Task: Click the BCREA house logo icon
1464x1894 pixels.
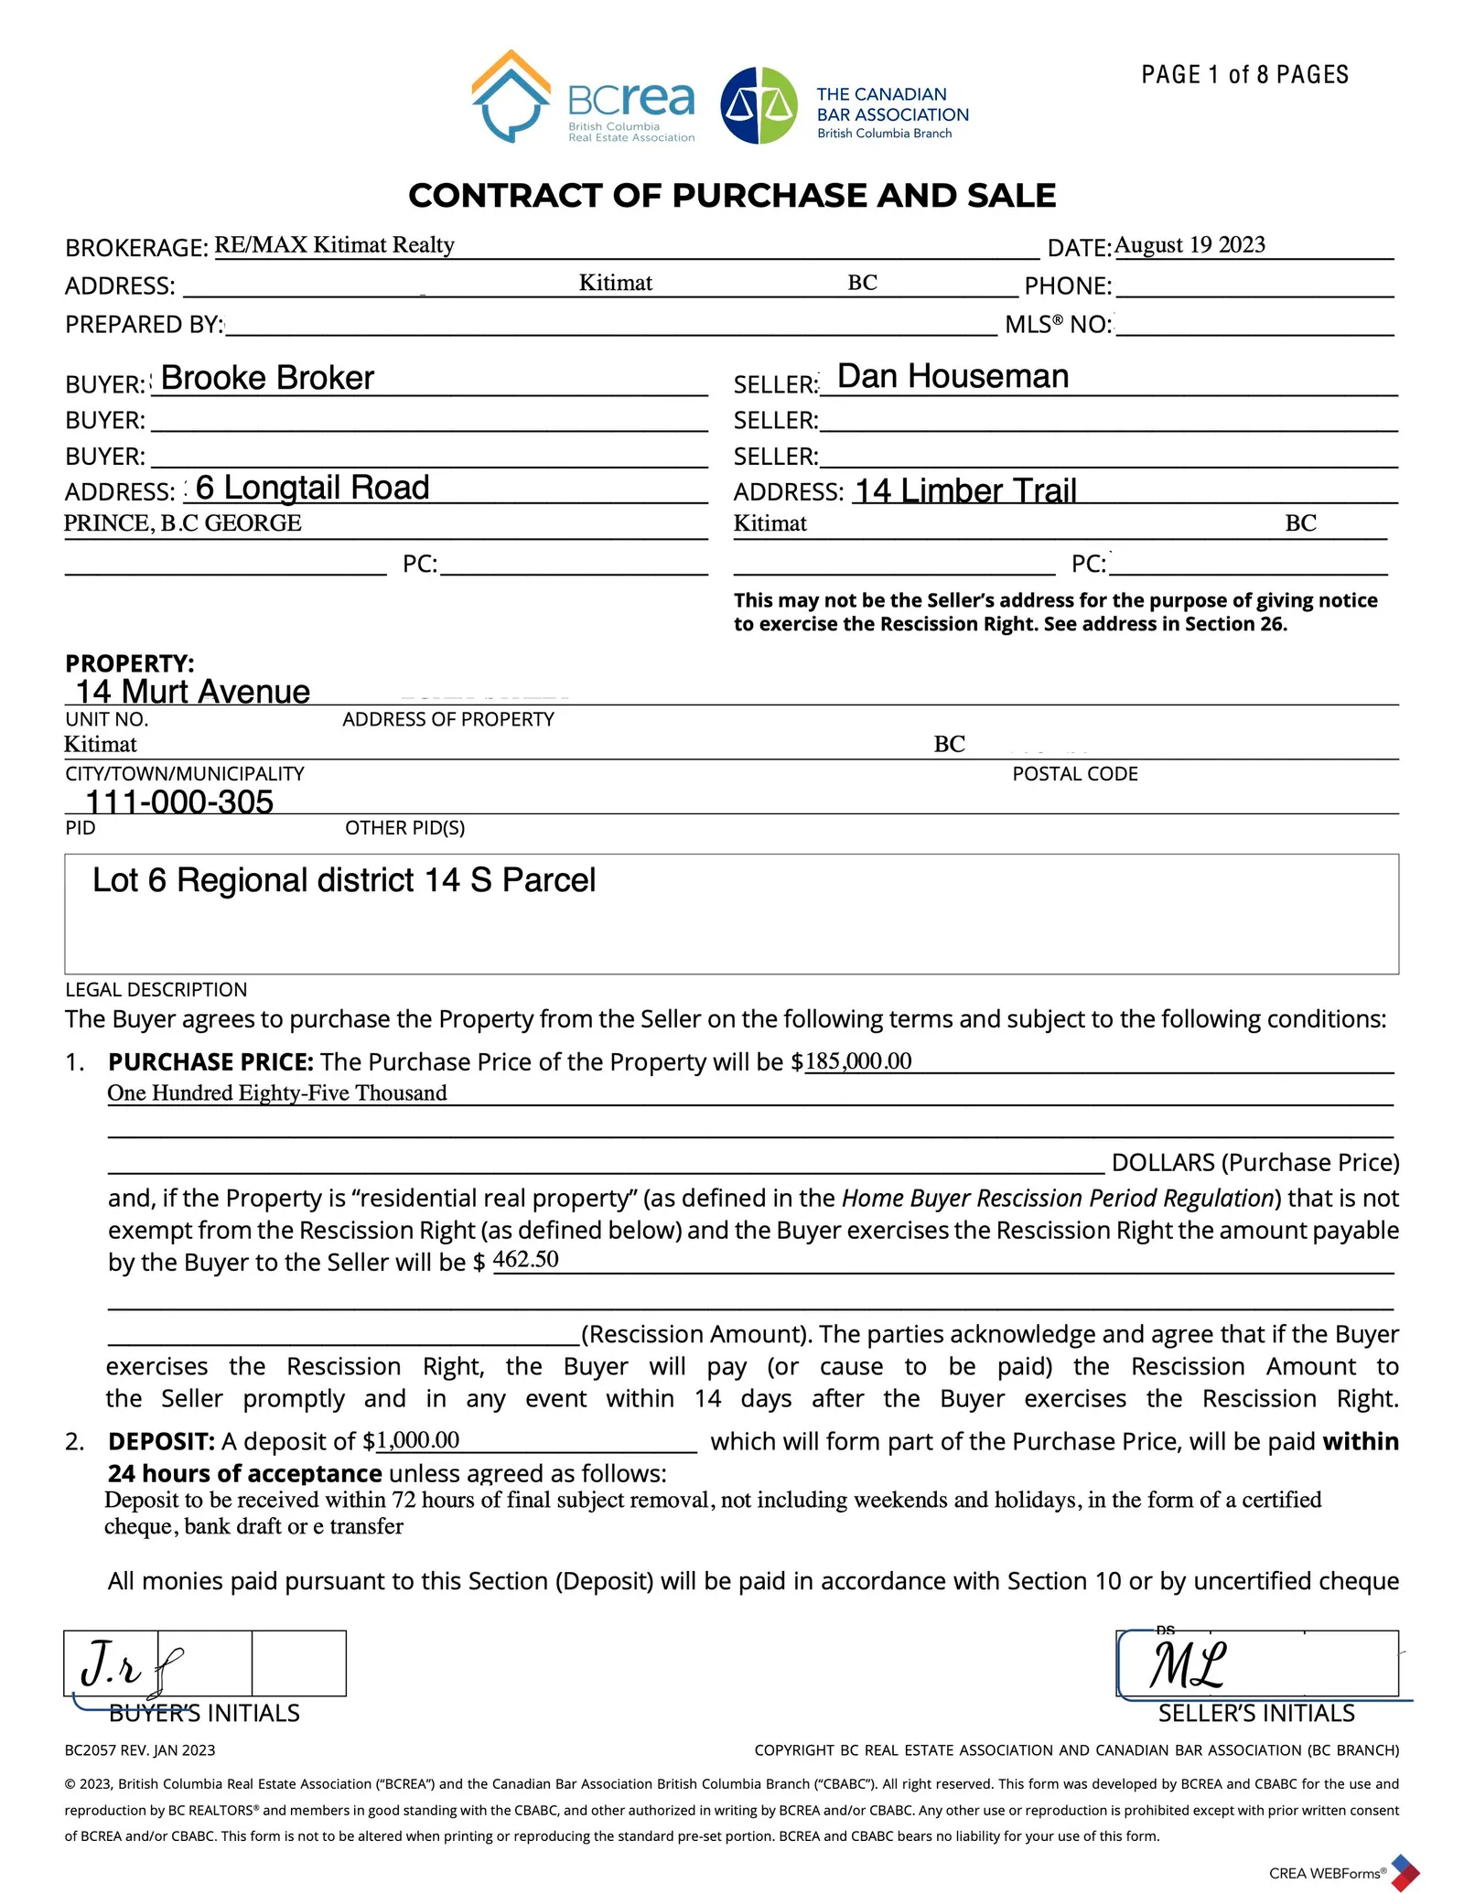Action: coord(511,96)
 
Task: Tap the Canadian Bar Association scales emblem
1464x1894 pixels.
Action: coord(759,105)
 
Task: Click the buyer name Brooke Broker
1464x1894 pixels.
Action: coord(267,378)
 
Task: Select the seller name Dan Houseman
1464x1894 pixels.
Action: coord(953,376)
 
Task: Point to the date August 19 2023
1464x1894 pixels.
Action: coord(1189,245)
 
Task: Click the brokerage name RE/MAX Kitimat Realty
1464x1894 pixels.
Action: coord(334,245)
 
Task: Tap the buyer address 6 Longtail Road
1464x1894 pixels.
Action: coord(312,488)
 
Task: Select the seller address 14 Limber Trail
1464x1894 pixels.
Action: coord(965,490)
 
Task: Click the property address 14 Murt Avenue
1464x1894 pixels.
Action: coord(193,692)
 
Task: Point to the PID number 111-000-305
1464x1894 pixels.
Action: coord(179,802)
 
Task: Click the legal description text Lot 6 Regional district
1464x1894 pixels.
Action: coord(344,880)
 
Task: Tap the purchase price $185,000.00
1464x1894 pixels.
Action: coord(857,1061)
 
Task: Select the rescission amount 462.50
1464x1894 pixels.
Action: coord(525,1260)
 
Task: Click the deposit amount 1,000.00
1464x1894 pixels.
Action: coord(418,1440)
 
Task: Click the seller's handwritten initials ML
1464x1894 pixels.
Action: coord(1188,1664)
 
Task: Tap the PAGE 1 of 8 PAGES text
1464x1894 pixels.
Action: coord(1244,75)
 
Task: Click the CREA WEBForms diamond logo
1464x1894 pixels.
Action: coord(1405,1872)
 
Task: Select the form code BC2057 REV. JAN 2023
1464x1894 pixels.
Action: coord(140,1750)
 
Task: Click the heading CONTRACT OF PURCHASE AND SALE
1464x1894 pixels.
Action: coord(732,195)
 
